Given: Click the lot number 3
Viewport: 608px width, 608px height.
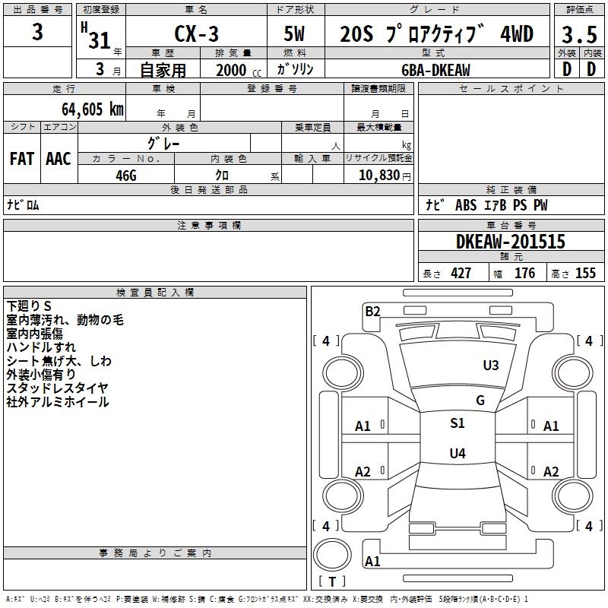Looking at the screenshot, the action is [38, 33].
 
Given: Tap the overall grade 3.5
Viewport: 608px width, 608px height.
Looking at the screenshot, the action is [578, 35].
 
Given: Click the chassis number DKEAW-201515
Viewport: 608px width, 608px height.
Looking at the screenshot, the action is [511, 242].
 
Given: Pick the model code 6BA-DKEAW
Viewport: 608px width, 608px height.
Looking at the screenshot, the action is [435, 70].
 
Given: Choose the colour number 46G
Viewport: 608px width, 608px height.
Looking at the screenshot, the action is [125, 174].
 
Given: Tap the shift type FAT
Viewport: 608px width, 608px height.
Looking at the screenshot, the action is [22, 159].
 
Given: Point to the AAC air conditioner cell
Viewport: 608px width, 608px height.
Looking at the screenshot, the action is [59, 159].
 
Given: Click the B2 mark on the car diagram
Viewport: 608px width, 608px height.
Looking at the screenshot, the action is [372, 311].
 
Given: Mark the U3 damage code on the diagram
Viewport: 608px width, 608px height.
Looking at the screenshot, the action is [491, 366].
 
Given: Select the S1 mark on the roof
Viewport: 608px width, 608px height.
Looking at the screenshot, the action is [458, 423].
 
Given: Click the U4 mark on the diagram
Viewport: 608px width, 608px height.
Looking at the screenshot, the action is [458, 454].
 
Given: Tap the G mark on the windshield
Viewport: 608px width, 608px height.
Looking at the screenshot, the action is [480, 401].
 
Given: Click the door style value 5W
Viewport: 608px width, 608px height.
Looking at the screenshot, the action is [296, 34].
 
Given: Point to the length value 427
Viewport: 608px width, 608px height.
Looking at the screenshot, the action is [461, 274].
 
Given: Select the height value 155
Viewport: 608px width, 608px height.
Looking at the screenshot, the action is [585, 274].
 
